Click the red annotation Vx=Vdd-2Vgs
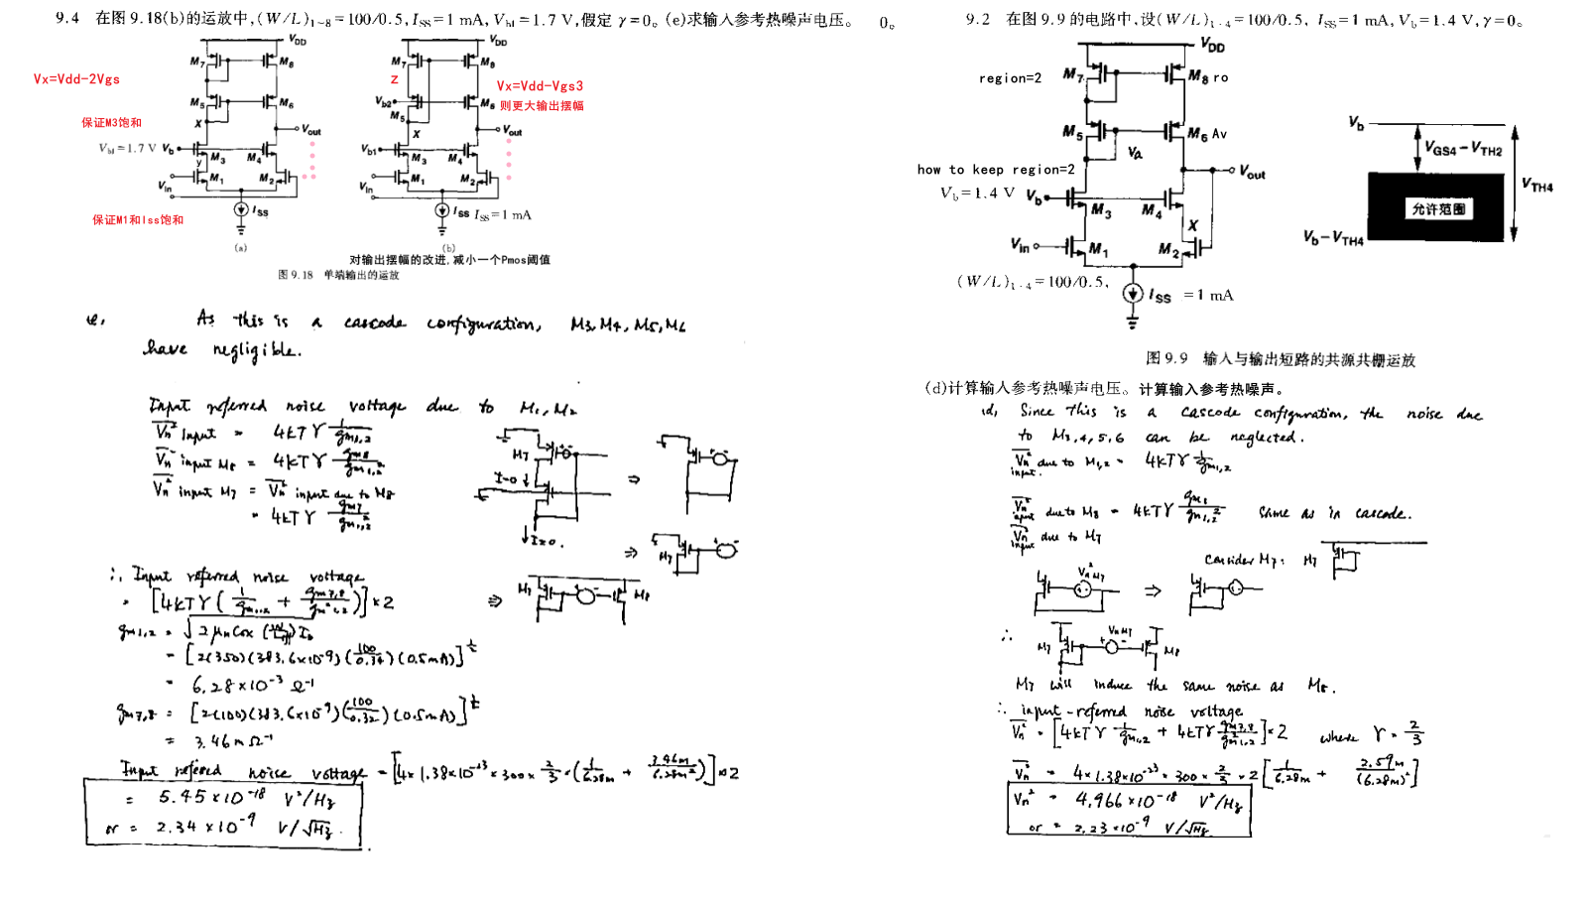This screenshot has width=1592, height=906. (76, 79)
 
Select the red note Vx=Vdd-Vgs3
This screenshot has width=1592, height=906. (540, 86)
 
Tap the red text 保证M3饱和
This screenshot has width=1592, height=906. (111, 123)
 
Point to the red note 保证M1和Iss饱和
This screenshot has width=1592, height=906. (138, 220)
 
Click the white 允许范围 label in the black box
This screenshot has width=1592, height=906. (1438, 209)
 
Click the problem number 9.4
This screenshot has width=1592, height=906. (67, 19)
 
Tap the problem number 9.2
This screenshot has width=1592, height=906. (977, 20)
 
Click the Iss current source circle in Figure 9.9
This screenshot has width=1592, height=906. (1133, 294)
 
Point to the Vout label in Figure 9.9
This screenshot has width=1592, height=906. (1252, 173)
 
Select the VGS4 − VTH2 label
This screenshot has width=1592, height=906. (1463, 149)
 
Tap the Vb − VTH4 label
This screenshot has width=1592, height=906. (1333, 238)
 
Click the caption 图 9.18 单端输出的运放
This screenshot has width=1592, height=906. (338, 275)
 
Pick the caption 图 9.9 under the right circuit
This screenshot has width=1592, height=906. (1281, 358)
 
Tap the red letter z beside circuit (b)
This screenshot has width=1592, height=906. (395, 79)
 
